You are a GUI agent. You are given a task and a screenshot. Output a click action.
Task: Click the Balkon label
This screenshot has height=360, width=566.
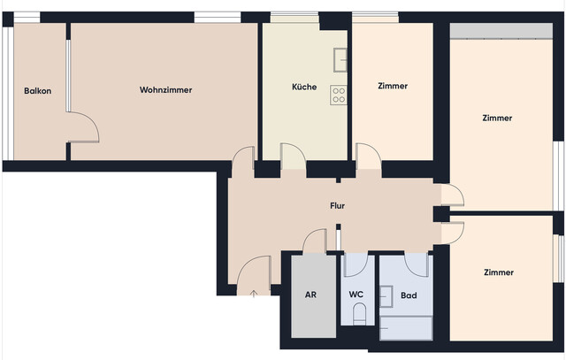37,90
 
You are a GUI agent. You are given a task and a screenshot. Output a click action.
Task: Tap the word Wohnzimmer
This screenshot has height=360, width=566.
165,90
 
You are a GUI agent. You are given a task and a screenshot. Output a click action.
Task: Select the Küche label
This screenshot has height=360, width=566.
304,87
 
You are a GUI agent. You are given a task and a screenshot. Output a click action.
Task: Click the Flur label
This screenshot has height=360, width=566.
337,205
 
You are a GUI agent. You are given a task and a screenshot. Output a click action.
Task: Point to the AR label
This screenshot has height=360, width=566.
310,295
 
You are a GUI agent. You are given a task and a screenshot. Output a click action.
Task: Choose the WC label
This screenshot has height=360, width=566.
356,295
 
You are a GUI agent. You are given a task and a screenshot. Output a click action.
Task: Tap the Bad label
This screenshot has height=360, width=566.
409,295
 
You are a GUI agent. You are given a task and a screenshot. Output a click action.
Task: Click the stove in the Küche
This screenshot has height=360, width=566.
338,95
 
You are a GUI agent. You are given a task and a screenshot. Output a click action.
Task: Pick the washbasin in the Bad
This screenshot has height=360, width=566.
386,295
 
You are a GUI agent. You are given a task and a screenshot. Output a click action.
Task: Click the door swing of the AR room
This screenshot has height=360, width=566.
314,241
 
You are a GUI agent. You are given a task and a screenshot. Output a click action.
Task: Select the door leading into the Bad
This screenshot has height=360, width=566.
416,264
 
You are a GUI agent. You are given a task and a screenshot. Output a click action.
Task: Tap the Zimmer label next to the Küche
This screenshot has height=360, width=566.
392,86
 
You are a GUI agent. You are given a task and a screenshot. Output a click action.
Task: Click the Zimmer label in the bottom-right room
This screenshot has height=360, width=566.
498,272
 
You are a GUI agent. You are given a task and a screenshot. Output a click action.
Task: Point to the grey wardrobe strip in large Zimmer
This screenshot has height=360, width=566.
500,31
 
